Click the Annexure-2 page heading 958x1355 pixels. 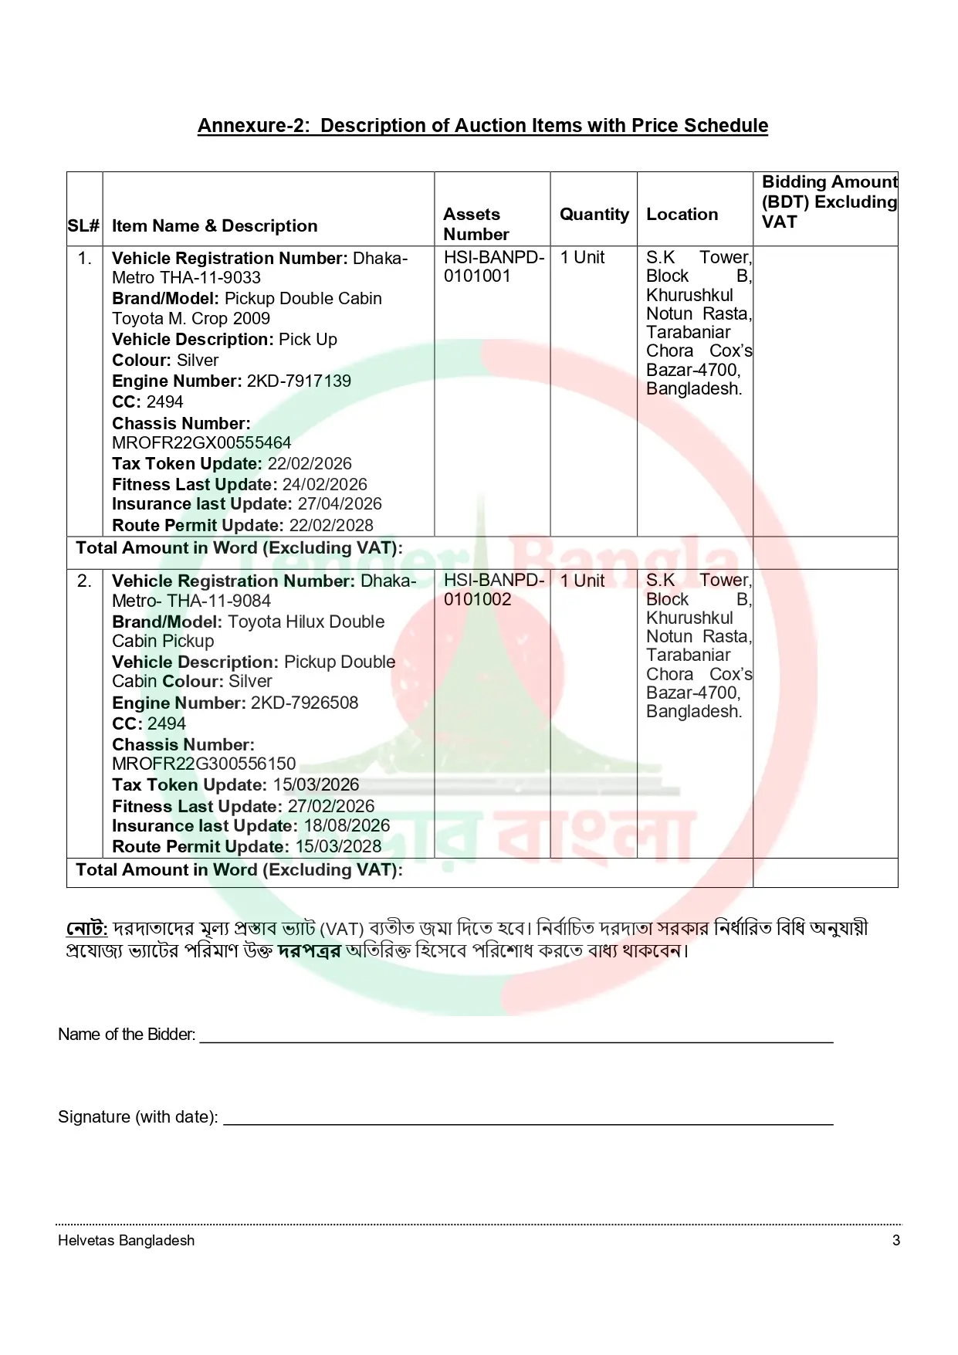tap(482, 126)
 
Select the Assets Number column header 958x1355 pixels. tap(476, 224)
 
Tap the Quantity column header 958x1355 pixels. tap(594, 215)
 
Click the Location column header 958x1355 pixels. tap(682, 215)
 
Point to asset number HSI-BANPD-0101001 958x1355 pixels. tap(494, 266)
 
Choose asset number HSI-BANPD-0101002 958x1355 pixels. tap(494, 590)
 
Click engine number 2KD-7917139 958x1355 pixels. tap(299, 381)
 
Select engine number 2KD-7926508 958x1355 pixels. tap(304, 703)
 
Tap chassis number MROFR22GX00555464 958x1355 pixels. tap(201, 443)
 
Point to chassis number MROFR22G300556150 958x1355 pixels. tap(204, 764)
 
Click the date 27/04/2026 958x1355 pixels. tap(340, 504)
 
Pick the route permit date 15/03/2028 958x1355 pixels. tap(338, 847)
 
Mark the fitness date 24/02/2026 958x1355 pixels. tap(325, 485)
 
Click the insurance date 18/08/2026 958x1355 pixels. tap(347, 826)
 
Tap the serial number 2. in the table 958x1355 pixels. tap(84, 581)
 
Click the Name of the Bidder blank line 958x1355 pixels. tap(516, 1035)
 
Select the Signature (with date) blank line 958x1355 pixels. tap(527, 1118)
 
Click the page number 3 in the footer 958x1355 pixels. tap(895, 1241)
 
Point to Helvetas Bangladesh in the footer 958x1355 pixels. tap(126, 1241)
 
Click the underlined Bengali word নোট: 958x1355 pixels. tap(86, 928)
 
